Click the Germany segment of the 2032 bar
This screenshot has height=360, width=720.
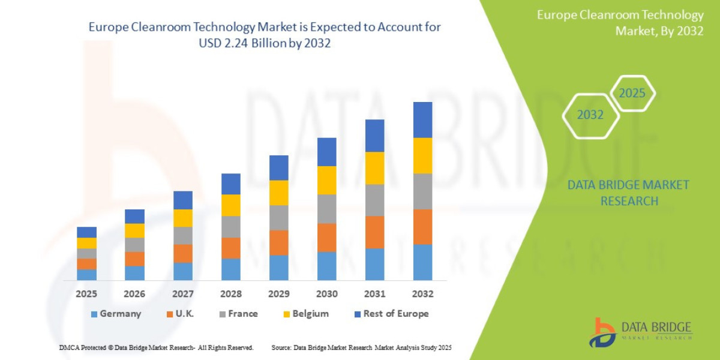point(423,262)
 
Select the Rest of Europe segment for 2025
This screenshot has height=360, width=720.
point(87,232)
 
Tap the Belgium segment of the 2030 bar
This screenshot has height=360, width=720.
point(327,180)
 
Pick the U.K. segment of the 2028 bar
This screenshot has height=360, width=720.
point(231,248)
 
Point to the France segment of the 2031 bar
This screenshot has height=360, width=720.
point(375,200)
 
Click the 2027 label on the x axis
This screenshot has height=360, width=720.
point(183,294)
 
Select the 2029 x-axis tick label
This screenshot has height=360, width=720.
point(279,294)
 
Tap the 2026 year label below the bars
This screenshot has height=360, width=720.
point(135,294)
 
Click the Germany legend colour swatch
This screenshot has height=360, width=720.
point(94,314)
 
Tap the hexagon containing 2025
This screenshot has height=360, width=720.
point(632,94)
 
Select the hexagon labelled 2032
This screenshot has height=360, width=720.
point(590,115)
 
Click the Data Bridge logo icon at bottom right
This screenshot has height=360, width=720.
point(602,332)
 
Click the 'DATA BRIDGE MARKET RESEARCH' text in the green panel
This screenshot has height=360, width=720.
point(628,193)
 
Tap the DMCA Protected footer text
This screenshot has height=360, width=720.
point(157,347)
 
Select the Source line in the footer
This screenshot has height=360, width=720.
point(361,347)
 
